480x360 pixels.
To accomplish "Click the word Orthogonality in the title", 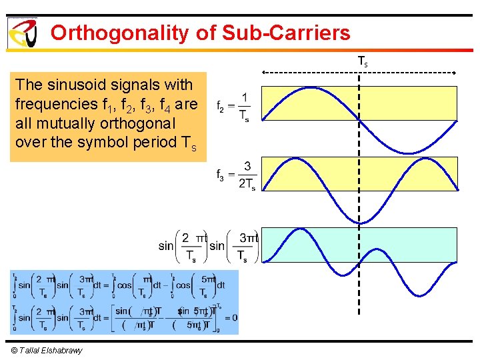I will [x=120, y=33].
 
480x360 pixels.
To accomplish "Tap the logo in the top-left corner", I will [x=22, y=32].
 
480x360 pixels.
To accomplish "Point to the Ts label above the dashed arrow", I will [x=362, y=61].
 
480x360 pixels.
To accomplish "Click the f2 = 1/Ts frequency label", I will [x=233, y=106].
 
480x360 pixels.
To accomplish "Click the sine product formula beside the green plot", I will [x=209, y=246].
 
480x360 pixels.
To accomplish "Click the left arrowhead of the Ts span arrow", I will [x=263, y=71].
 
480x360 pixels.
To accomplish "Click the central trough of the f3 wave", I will [x=360, y=223].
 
